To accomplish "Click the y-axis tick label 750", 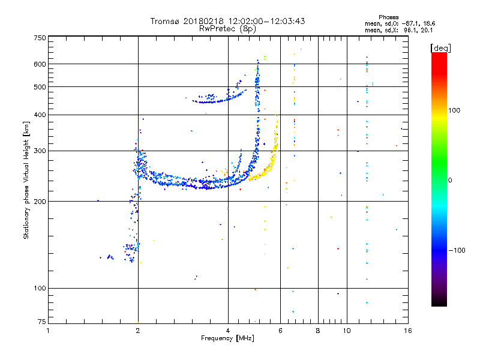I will point(40,38).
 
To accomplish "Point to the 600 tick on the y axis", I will point(40,64).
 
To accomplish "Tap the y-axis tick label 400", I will point(40,115).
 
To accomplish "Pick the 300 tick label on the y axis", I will point(40,151).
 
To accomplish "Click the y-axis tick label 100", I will point(40,289).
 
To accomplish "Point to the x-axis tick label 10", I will point(346,331).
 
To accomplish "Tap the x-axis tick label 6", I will point(280,331).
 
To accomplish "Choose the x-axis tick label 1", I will point(48,331).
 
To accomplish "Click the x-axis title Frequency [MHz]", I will point(227,338).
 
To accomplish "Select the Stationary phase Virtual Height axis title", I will point(26,180).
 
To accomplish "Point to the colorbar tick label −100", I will point(458,250).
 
